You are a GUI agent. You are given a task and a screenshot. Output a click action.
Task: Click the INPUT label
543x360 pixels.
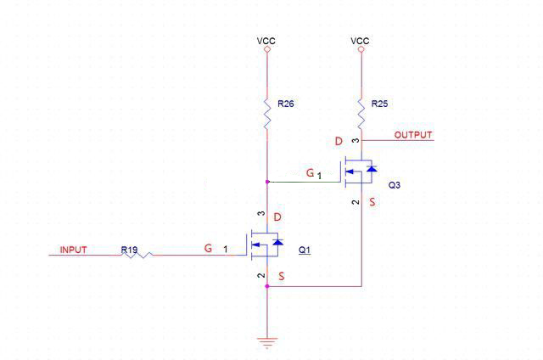(73, 250)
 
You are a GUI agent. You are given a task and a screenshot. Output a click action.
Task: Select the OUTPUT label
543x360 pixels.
(413, 135)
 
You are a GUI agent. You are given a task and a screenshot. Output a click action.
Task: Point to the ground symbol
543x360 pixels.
(267, 342)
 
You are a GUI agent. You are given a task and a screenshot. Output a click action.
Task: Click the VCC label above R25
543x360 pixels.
(360, 40)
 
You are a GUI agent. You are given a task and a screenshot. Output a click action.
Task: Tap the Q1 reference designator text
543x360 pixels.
(305, 250)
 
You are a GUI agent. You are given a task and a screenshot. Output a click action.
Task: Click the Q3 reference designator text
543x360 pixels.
(395, 184)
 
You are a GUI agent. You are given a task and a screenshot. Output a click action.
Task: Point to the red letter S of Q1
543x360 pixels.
(281, 278)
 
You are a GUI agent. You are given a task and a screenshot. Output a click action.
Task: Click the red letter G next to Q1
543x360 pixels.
(207, 249)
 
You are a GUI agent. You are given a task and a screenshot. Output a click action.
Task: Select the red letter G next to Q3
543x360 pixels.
(311, 173)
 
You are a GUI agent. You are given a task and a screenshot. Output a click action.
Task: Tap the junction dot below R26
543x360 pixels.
(267, 182)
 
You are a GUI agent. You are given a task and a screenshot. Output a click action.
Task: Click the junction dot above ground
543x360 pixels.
(267, 286)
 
